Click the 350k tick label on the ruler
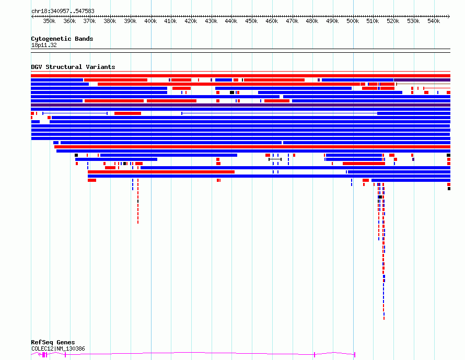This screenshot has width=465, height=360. (x=49, y=21)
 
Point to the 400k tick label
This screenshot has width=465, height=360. (x=150, y=21)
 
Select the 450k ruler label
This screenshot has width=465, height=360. (x=251, y=21)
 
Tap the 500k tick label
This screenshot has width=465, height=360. (x=353, y=21)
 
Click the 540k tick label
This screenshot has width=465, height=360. (x=434, y=21)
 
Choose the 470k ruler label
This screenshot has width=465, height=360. (x=292, y=21)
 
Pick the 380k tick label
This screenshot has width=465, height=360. (x=110, y=21)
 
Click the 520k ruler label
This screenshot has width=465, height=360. (x=393, y=21)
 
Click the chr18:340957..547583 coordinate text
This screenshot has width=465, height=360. (x=63, y=11)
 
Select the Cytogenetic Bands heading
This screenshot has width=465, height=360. (x=62, y=39)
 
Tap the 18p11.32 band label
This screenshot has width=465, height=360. (x=44, y=45)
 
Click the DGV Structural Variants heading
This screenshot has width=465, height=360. (x=73, y=67)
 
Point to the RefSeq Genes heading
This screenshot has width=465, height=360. (x=53, y=343)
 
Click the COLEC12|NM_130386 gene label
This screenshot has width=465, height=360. (x=58, y=349)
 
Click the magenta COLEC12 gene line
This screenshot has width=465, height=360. (x=209, y=353)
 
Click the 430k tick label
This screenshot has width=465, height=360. (x=211, y=21)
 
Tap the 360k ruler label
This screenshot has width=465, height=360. (x=69, y=21)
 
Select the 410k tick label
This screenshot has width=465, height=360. (x=170, y=21)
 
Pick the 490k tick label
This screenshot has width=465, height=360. (x=332, y=21)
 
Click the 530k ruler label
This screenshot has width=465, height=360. (x=413, y=21)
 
